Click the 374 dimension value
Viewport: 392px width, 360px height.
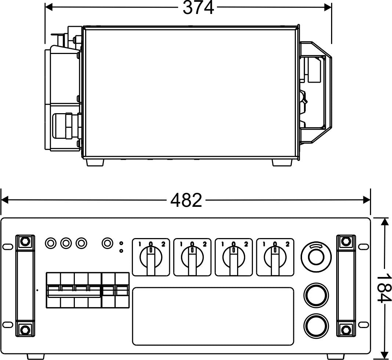[198, 8]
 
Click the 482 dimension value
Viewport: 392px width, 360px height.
[186, 200]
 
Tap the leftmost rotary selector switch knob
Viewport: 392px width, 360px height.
[151, 258]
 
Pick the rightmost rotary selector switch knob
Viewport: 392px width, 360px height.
[275, 258]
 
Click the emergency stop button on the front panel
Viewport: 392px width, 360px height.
[316, 257]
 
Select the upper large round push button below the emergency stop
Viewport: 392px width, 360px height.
[316, 295]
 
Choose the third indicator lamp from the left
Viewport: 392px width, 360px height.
[81, 243]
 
